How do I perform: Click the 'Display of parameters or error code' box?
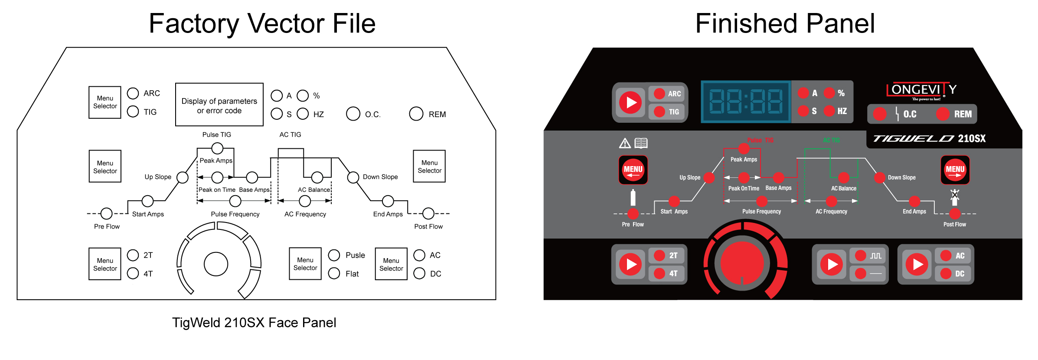point(219,105)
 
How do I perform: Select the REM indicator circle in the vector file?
point(416,114)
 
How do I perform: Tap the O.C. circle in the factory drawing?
point(353,114)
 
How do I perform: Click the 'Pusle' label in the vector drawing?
point(355,255)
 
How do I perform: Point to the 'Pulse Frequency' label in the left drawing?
point(235,214)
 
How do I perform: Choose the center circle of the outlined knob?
point(216,264)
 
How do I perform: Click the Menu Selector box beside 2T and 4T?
point(105,264)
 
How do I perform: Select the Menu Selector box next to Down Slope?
point(429,167)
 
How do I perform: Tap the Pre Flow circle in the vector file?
point(106,213)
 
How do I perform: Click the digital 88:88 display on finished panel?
point(746,102)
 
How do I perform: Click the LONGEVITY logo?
point(921,91)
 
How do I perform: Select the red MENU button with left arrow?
point(633,170)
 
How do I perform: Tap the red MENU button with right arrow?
point(955,170)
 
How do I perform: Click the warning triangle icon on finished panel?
point(625,143)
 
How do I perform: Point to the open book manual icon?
point(641,143)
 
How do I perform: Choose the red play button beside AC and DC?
point(917,264)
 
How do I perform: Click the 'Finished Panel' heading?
point(785,23)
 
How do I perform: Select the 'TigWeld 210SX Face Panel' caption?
point(254,323)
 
